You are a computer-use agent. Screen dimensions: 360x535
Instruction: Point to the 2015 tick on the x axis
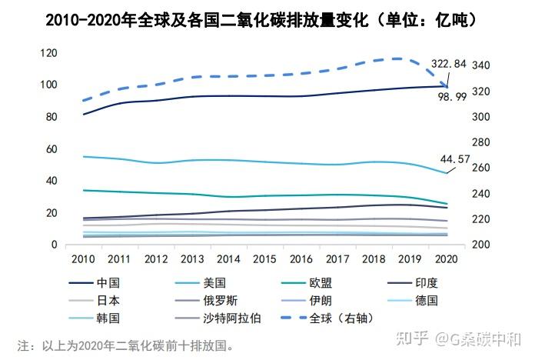click(x=264, y=259)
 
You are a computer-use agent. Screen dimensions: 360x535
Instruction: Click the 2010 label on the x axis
click(x=82, y=259)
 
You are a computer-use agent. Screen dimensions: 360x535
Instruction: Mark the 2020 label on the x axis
click(x=446, y=259)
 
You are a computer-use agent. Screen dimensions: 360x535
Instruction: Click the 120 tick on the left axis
click(x=49, y=52)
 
